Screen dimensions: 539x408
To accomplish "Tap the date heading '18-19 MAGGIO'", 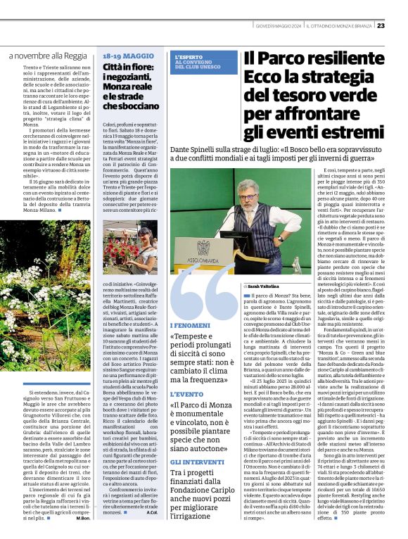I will (x=128, y=56).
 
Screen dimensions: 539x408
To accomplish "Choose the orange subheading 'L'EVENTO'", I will (x=186, y=395).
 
